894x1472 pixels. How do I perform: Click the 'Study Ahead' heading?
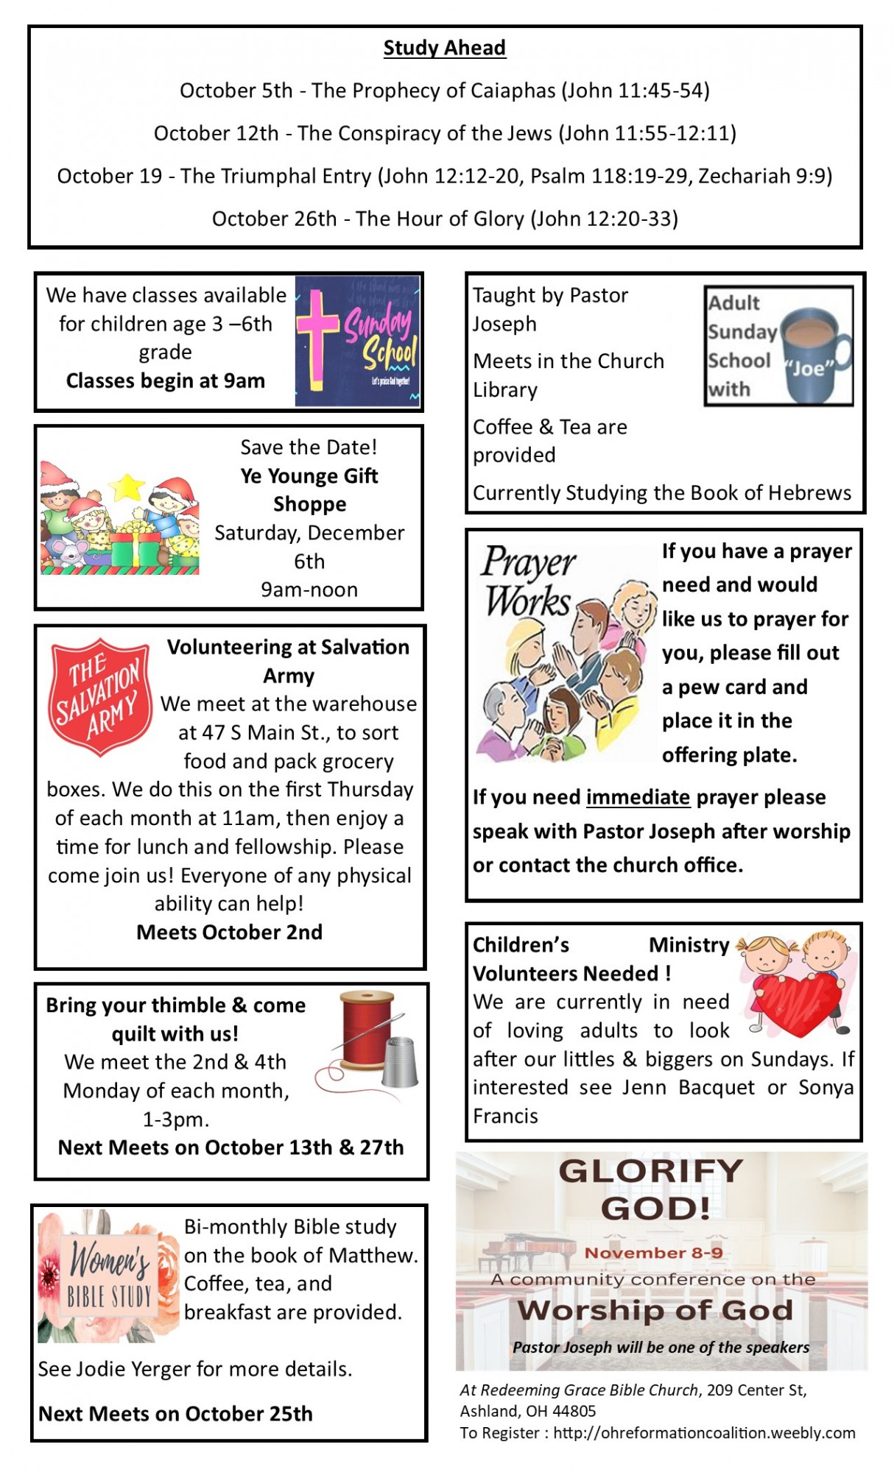(444, 48)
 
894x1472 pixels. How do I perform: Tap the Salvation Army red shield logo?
(99, 696)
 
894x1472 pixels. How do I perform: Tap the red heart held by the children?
(798, 1002)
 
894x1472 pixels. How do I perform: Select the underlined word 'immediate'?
(638, 797)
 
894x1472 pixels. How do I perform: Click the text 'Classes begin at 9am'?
(165, 381)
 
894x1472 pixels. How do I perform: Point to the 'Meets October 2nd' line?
(229, 932)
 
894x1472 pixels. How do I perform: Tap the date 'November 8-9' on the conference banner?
(653, 1253)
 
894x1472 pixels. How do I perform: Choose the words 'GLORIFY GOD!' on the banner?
(652, 1189)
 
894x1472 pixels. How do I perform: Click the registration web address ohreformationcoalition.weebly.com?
(704, 1432)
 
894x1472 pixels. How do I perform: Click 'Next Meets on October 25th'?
(175, 1413)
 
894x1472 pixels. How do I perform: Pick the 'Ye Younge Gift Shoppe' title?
(309, 489)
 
